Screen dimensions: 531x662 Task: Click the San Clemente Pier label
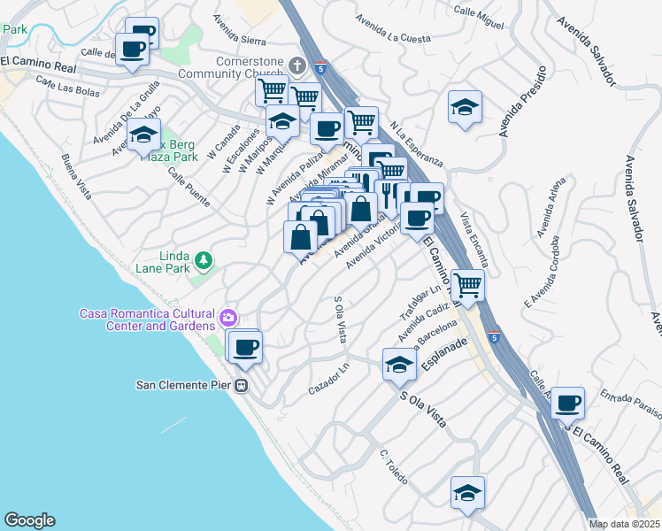pos(182,385)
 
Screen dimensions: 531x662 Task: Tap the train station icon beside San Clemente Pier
pos(241,385)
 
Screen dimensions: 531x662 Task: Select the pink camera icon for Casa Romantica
pos(229,317)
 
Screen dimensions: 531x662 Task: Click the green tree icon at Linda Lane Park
pos(204,259)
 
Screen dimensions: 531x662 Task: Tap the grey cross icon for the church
pos(296,65)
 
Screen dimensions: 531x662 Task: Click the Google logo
pos(29,520)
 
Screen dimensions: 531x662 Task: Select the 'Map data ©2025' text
pos(624,524)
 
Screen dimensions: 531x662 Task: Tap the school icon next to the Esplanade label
pos(399,363)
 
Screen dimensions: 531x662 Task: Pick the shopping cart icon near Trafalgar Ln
pos(467,285)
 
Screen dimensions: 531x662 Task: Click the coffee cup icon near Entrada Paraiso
pos(567,403)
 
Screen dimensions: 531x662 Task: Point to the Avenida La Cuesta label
pos(392,28)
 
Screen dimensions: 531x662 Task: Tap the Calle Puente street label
pos(187,185)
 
